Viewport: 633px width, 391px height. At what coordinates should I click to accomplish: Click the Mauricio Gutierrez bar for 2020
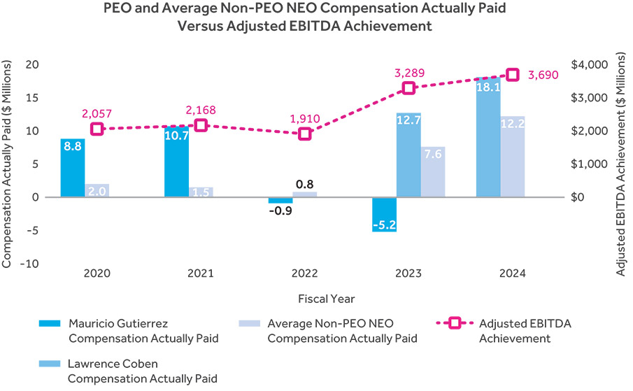73,168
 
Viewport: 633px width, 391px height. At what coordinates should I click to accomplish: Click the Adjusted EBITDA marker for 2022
305,134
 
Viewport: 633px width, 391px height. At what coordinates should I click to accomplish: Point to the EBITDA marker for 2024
513,75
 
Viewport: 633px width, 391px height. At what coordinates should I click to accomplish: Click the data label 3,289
409,73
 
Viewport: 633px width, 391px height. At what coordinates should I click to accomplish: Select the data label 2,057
97,114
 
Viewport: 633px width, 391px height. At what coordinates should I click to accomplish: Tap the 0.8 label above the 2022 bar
305,185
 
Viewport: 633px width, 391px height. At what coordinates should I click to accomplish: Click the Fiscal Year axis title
305,299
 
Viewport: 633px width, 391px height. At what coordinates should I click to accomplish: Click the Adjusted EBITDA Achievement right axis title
621,164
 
